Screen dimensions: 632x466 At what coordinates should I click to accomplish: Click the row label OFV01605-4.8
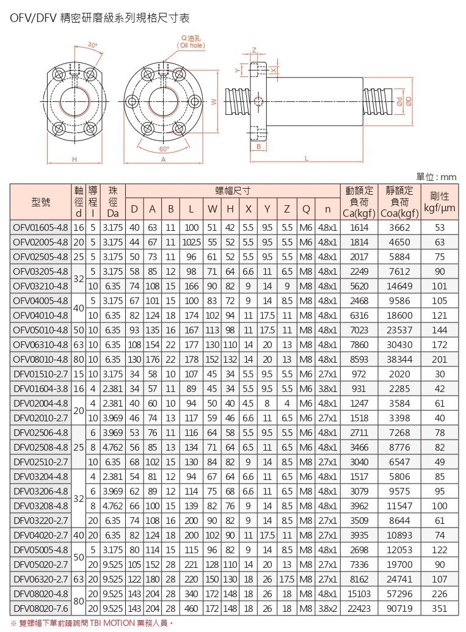click(40, 228)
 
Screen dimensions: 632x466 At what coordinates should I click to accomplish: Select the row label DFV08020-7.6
click(40, 609)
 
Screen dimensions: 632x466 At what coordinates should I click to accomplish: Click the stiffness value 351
click(440, 609)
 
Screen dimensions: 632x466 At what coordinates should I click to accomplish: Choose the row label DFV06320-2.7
click(40, 577)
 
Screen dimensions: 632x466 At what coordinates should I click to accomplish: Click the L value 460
click(191, 609)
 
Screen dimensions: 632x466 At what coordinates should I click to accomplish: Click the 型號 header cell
click(40, 201)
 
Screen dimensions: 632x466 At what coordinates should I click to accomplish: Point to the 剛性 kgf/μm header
click(440, 202)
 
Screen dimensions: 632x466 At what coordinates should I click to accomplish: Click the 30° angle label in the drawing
click(92, 45)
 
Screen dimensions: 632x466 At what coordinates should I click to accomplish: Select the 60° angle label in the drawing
click(163, 148)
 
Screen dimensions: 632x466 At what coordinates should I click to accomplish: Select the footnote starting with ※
click(92, 623)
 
